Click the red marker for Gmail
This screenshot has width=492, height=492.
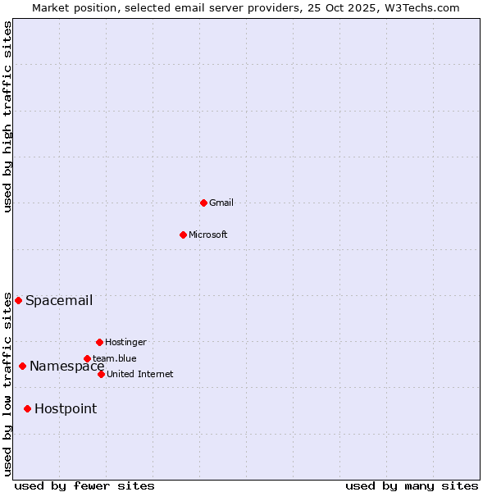click(x=203, y=203)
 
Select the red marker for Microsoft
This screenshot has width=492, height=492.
click(x=183, y=235)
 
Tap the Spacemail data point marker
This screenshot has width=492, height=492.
click(x=18, y=300)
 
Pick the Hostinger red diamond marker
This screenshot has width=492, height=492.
click(x=99, y=342)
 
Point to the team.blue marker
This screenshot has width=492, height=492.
click(x=87, y=358)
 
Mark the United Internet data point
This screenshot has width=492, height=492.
click(x=101, y=374)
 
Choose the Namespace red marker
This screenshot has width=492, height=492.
click(x=22, y=366)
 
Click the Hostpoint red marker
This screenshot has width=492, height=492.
click(x=27, y=408)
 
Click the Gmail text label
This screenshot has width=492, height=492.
click(x=221, y=203)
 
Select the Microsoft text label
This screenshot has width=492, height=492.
click(x=208, y=235)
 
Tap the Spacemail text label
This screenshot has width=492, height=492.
click(x=59, y=300)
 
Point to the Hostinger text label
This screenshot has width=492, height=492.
click(x=125, y=342)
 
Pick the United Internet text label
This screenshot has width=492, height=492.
click(x=140, y=374)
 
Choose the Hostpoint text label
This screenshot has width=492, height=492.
click(x=66, y=408)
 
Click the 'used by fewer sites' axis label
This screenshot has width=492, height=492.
click(x=84, y=485)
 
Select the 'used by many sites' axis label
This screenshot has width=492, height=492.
click(x=412, y=485)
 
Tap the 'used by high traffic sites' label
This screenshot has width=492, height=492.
click(x=7, y=116)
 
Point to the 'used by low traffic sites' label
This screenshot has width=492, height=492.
click(x=7, y=383)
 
